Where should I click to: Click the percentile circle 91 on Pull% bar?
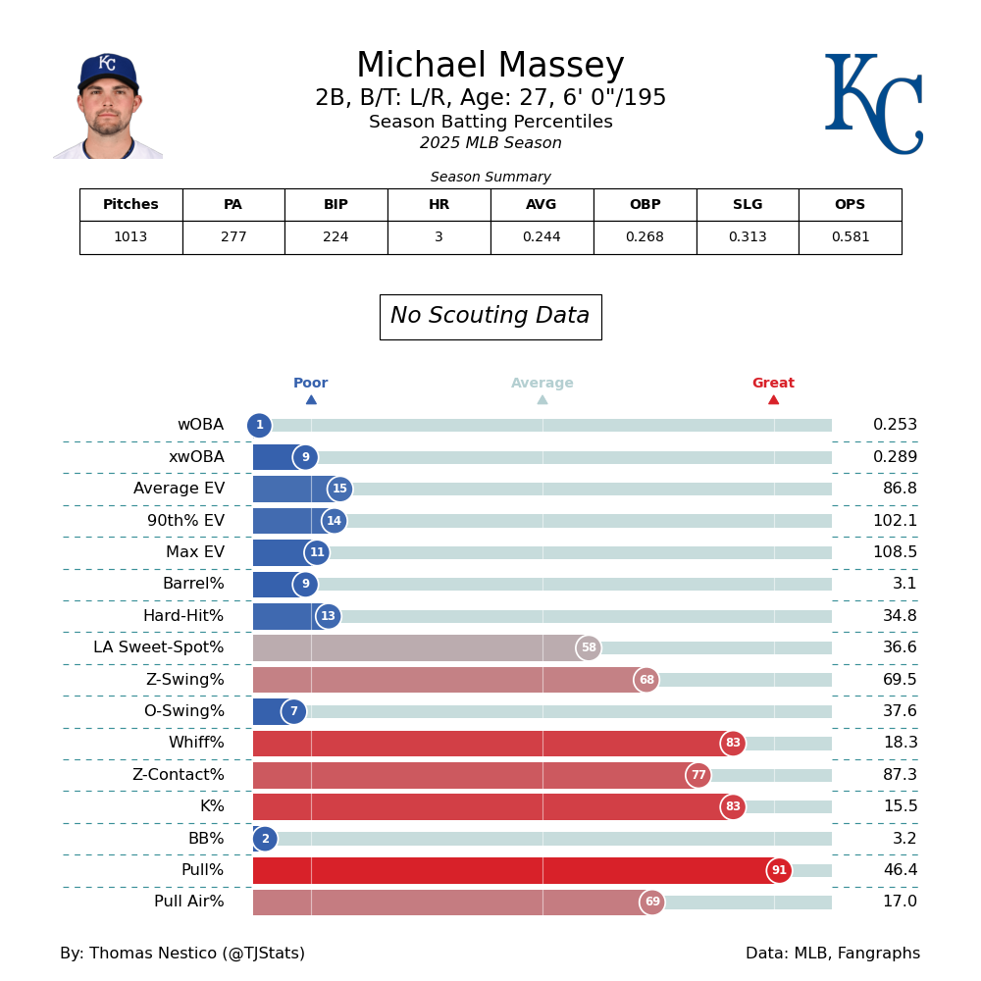pos(779,870)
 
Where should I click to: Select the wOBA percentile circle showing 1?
pos(259,426)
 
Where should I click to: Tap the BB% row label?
pos(206,839)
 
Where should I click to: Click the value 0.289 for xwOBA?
pos(895,457)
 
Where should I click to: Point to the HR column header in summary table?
pos(439,205)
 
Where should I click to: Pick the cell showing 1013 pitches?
pos(130,237)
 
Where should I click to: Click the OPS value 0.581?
pos(850,237)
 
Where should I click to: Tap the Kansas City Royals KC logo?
pos(873,104)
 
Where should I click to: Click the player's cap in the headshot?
pos(108,71)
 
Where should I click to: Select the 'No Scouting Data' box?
pos(490,317)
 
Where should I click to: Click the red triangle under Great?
pos(773,399)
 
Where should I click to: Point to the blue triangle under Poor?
pos(311,399)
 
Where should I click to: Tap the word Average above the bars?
pos(542,384)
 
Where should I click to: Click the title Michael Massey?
pos(490,67)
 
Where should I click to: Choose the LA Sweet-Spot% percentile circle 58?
pos(589,648)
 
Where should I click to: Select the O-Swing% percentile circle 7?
pos(293,711)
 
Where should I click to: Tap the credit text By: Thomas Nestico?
pos(182,954)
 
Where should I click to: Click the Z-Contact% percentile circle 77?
pos(698,775)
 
